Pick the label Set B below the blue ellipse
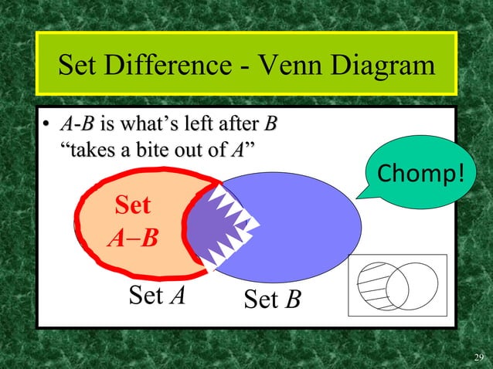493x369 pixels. pyautogui.click(x=271, y=299)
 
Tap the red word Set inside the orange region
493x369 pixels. pyautogui.click(x=132, y=207)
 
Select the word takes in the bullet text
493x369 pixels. pyautogui.click(x=91, y=149)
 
